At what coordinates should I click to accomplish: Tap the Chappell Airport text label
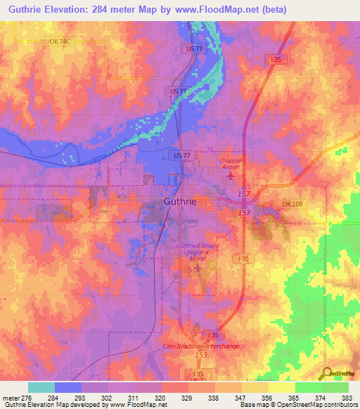click(231, 163)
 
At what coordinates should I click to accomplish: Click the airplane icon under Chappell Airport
click(229, 175)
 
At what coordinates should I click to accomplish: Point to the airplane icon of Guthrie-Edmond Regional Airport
click(198, 267)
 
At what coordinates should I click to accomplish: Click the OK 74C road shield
click(60, 42)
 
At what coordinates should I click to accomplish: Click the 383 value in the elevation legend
click(348, 397)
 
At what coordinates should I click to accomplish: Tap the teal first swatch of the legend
click(41, 387)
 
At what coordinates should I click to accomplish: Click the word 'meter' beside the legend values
click(10, 397)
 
